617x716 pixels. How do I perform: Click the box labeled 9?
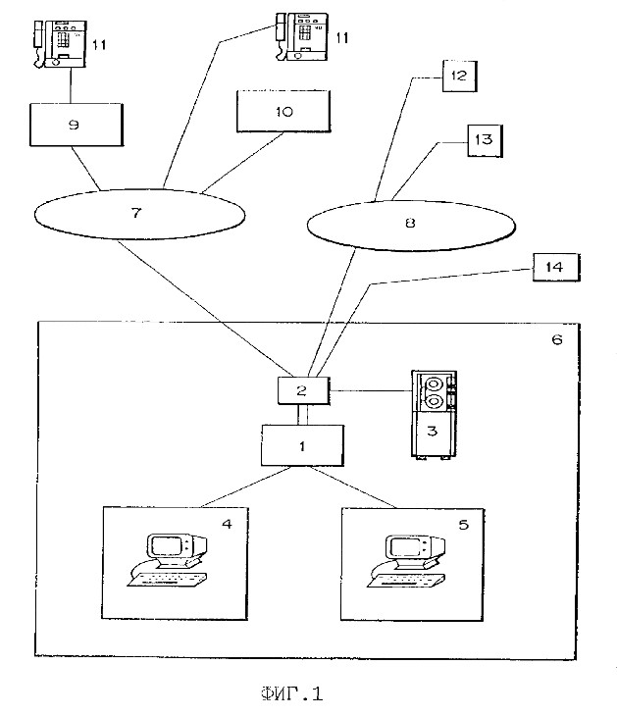coord(77,125)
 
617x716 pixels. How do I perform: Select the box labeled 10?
coord(283,112)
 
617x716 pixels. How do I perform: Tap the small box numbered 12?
coord(459,76)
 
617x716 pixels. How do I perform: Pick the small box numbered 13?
coord(485,140)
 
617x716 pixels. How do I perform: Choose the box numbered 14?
coord(556,267)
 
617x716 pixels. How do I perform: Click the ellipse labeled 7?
coord(139,214)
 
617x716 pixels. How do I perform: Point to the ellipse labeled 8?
coord(411,226)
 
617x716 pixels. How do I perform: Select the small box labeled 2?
coord(304,390)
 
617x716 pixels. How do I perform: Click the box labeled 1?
coord(302,445)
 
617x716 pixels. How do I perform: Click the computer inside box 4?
coord(168,559)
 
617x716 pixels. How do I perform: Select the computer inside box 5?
coord(407,561)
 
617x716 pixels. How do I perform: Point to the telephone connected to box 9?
coord(60,44)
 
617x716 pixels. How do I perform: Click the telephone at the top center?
coord(302,36)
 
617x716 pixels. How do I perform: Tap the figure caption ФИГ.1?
coord(292,693)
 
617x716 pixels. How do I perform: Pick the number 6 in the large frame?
coord(557,339)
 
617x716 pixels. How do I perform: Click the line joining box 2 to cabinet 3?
coord(371,391)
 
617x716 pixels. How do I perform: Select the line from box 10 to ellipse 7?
coord(243,162)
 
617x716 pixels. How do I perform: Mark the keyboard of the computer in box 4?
coord(167,579)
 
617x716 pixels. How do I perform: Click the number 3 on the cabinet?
coord(432,431)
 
